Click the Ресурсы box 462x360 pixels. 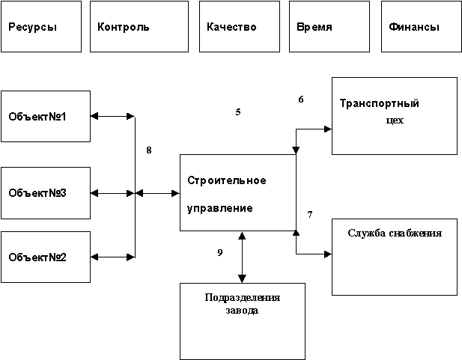[x=41, y=27]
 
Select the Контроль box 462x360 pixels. [x=139, y=27]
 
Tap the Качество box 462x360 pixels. [x=243, y=27]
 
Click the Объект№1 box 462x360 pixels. [x=45, y=116]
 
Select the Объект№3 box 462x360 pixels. [x=45, y=193]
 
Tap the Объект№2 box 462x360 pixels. [x=45, y=257]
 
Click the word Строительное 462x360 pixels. [x=226, y=180]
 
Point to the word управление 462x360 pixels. [x=219, y=207]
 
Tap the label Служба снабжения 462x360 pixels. [x=394, y=232]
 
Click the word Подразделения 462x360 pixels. [x=243, y=297]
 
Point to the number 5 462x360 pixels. [x=238, y=112]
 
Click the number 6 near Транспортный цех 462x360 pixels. [x=301, y=99]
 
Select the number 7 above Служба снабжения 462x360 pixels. [x=310, y=215]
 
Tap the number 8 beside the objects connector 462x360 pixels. [x=149, y=150]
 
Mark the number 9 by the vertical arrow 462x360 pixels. [x=219, y=252]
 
